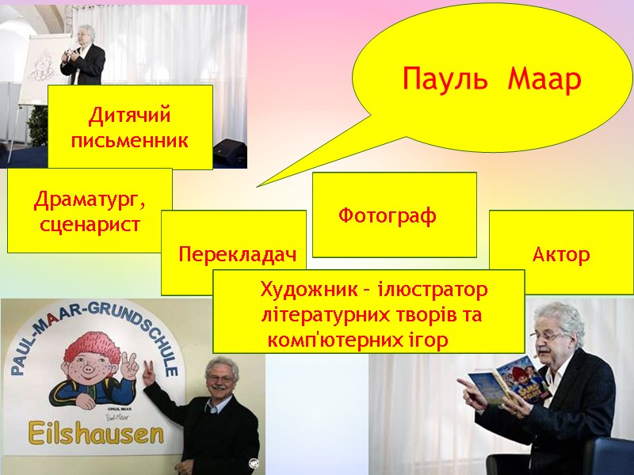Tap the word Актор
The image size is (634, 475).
pos(561,255)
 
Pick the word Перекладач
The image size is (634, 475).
pos(237,254)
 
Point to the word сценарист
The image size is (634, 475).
pos(90,224)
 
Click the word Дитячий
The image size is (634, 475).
pos(130,116)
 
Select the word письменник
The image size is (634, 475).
pos(130,142)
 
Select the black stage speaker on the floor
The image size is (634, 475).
pos(230,150)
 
